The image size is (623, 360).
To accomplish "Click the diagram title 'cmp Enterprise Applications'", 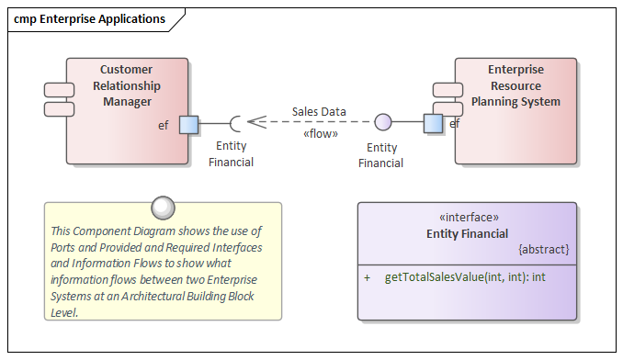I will pyautogui.click(x=89, y=18).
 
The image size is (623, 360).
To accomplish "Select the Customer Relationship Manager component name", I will pyautogui.click(x=127, y=85).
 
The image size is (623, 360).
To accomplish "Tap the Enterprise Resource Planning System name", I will pyautogui.click(x=515, y=85).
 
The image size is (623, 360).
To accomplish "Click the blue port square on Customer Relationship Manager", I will pyautogui.click(x=189, y=124).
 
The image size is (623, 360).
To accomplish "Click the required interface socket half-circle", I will pyautogui.click(x=236, y=123).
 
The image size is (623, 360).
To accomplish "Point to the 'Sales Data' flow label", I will pyautogui.click(x=319, y=111).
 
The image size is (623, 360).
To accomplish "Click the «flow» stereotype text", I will pyautogui.click(x=320, y=134).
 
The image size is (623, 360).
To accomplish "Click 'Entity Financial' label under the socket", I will pyautogui.click(x=231, y=154).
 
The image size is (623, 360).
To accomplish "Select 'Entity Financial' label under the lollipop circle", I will pyautogui.click(x=381, y=155).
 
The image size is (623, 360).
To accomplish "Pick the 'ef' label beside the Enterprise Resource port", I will pyautogui.click(x=454, y=123).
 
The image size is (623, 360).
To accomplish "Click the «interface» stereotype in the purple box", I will pyautogui.click(x=467, y=218).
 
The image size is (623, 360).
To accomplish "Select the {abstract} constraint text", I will pyautogui.click(x=544, y=249).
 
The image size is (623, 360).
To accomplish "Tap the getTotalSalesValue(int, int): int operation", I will pyautogui.click(x=465, y=276).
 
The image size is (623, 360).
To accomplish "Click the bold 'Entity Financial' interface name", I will pyautogui.click(x=467, y=233).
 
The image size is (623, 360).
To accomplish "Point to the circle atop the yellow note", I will pyautogui.click(x=163, y=206).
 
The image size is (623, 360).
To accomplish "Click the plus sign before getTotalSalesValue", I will pyautogui.click(x=368, y=276).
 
